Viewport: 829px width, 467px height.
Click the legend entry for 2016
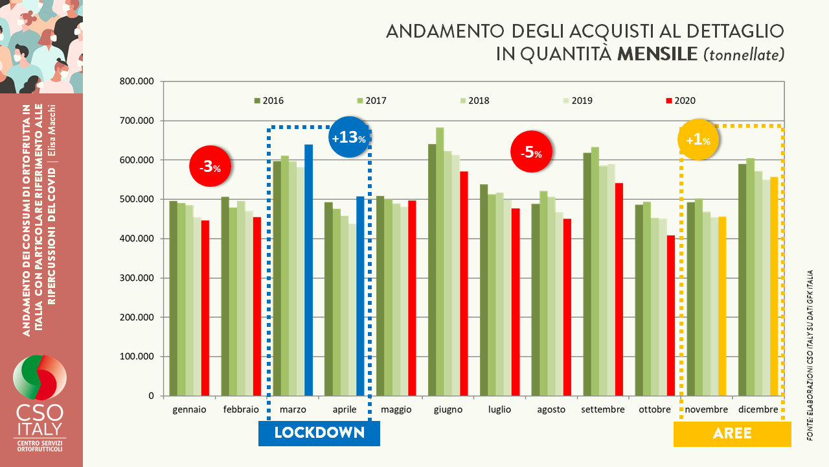pyautogui.click(x=268, y=101)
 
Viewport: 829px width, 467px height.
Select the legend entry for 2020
pyautogui.click(x=680, y=101)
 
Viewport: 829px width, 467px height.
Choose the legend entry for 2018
pyautogui.click(x=474, y=101)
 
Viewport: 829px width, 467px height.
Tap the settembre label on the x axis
pyautogui.click(x=603, y=409)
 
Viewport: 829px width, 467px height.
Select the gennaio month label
pyautogui.click(x=189, y=409)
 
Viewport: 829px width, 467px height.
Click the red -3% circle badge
pyautogui.click(x=210, y=167)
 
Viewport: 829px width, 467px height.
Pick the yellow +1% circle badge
pyautogui.click(x=698, y=140)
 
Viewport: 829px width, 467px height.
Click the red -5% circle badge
pyautogui.click(x=532, y=152)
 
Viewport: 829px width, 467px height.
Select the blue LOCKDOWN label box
pyautogui.click(x=319, y=433)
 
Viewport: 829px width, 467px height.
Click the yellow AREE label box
pyautogui.click(x=732, y=433)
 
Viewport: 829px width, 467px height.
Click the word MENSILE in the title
pyautogui.click(x=657, y=54)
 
